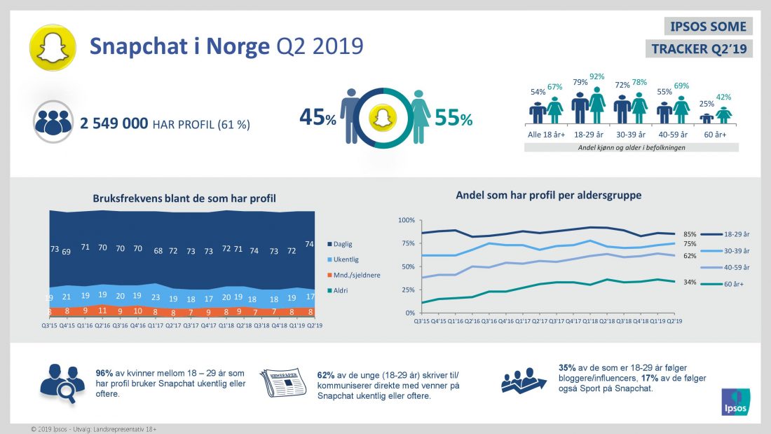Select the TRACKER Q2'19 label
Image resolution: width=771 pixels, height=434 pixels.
coord(700,48)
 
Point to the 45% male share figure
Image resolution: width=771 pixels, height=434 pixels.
coord(318,118)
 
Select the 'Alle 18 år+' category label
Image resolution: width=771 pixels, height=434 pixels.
coord(546,133)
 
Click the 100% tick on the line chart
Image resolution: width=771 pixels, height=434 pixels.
coord(407,220)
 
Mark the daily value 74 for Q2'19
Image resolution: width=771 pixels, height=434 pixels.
coord(309,244)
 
